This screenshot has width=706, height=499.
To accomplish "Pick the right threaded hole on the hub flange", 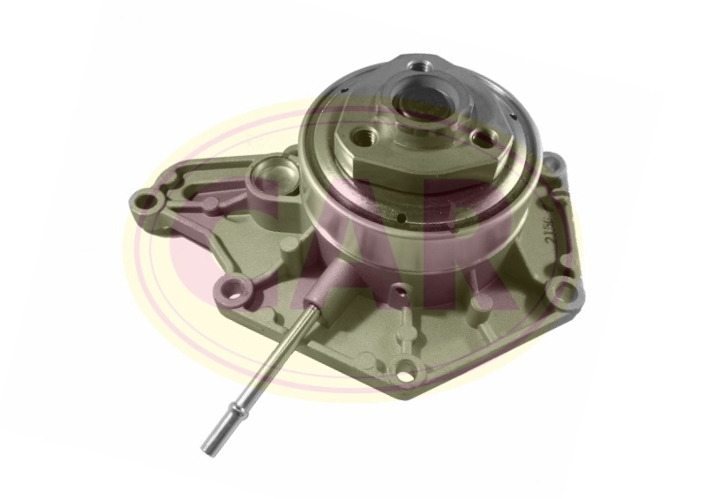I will click(479, 138).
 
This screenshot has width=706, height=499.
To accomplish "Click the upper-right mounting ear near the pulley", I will click(552, 165).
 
